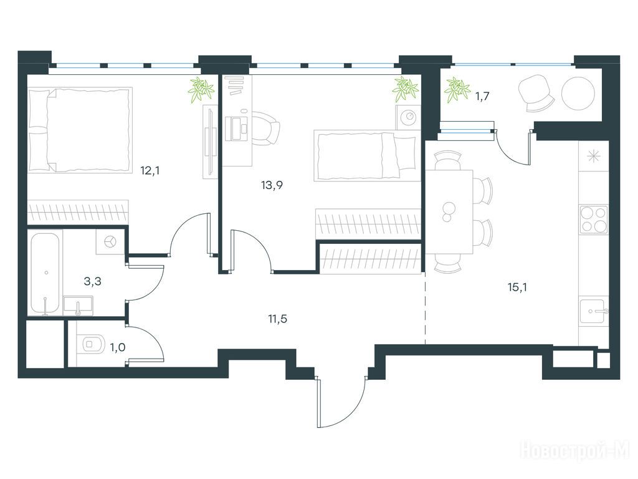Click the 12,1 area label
click(x=150, y=171)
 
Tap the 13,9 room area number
click(x=272, y=185)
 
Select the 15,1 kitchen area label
click(x=517, y=288)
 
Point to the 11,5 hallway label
click(x=277, y=319)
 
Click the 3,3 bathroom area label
click(x=92, y=281)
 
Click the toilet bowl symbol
click(x=92, y=344)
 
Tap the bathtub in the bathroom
click(x=45, y=273)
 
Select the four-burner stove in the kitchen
click(x=594, y=219)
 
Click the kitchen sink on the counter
click(x=593, y=311)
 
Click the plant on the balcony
click(x=457, y=90)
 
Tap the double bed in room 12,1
click(x=80, y=130)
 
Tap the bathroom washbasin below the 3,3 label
click(x=78, y=306)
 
